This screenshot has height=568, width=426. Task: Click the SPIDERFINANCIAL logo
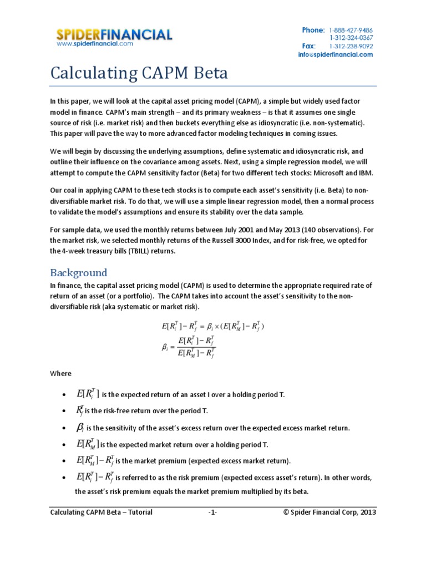click(114, 34)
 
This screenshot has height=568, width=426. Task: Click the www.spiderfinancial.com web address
click(95, 44)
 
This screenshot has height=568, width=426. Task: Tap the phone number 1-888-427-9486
click(351, 30)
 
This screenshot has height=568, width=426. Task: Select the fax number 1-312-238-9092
click(351, 47)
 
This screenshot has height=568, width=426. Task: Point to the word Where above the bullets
click(60, 374)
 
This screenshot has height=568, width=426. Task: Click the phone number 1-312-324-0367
click(351, 38)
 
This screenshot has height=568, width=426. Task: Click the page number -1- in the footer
click(212, 513)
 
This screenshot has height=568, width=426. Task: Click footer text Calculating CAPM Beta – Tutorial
click(101, 513)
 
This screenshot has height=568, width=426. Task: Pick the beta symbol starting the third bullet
click(79, 428)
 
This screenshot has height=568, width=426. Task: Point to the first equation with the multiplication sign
click(212, 326)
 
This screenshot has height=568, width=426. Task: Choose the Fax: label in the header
click(309, 47)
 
